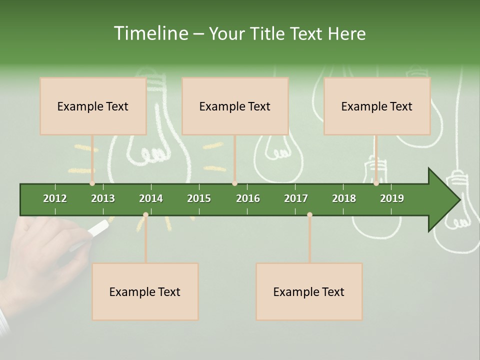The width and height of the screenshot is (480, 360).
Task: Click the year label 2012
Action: point(55,198)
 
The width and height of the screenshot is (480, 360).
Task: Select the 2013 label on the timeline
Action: point(103,198)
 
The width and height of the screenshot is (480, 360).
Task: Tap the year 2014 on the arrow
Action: point(151,198)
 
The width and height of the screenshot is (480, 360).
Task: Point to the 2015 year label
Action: point(199,198)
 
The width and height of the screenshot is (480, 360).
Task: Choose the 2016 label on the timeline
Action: point(248,198)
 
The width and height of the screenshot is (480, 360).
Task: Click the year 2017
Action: point(296,198)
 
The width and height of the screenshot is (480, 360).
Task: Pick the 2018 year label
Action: point(344,198)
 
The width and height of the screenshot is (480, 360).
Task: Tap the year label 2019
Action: point(392,198)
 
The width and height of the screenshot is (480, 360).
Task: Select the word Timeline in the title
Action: point(150,33)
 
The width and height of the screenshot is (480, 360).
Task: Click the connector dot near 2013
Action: point(92,183)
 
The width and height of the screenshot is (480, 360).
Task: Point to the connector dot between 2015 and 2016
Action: point(234,183)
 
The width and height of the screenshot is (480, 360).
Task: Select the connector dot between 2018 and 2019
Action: point(376,183)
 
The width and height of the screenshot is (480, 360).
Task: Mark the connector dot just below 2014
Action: point(145,215)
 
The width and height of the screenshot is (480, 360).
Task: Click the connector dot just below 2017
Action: point(309,215)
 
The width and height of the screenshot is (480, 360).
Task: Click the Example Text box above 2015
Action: point(235,106)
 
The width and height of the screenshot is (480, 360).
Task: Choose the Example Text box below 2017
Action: point(309,291)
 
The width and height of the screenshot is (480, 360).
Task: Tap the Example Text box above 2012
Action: point(93,106)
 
